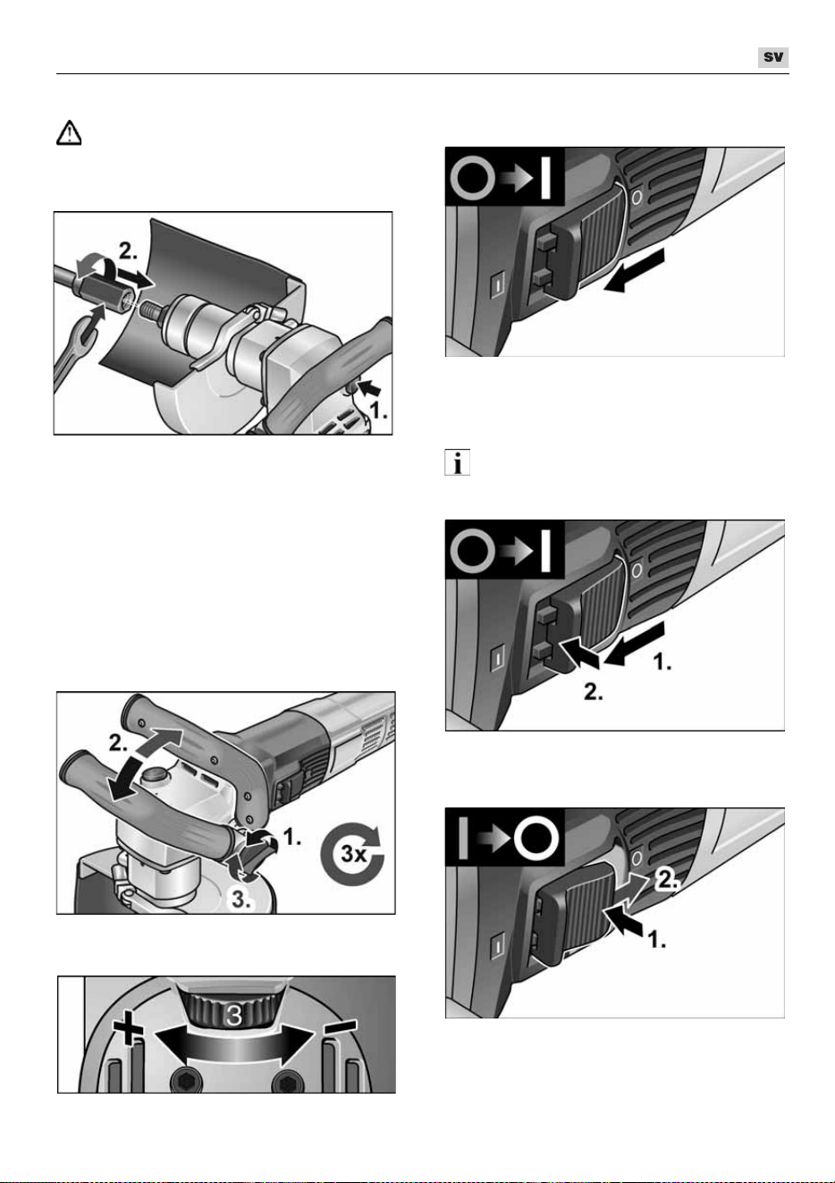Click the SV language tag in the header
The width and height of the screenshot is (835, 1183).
(x=772, y=57)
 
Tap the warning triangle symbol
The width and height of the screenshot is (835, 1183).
(x=69, y=132)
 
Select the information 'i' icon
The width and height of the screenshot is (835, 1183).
(x=457, y=462)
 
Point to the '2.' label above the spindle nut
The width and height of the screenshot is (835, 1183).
(x=129, y=251)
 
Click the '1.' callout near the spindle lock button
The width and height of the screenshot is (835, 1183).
(x=378, y=410)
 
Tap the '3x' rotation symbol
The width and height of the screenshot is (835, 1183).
(x=353, y=853)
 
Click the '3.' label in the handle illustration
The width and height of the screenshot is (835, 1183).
(x=240, y=900)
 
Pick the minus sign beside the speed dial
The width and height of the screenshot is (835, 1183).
(x=340, y=1025)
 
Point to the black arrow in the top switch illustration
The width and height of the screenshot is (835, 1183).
(x=633, y=270)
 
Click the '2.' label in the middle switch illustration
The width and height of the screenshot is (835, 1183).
(x=593, y=692)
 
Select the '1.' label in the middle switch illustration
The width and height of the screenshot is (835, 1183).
(x=662, y=662)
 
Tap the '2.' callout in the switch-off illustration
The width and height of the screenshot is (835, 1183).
(x=667, y=880)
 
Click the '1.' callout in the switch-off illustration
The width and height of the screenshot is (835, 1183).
(x=656, y=940)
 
